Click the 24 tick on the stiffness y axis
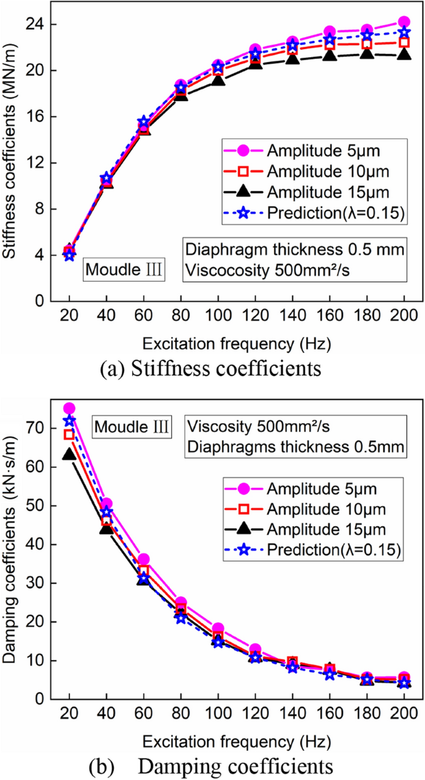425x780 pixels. [x=42, y=25]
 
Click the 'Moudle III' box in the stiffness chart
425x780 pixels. [x=124, y=270]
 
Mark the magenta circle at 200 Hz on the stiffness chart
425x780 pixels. [x=403, y=22]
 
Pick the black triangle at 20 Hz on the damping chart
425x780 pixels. [x=69, y=455]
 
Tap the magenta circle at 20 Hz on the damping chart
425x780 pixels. [x=69, y=408]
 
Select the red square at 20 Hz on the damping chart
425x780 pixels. [x=69, y=434]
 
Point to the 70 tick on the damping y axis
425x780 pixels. [x=42, y=428]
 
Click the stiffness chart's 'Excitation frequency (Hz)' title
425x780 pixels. [x=236, y=343]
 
